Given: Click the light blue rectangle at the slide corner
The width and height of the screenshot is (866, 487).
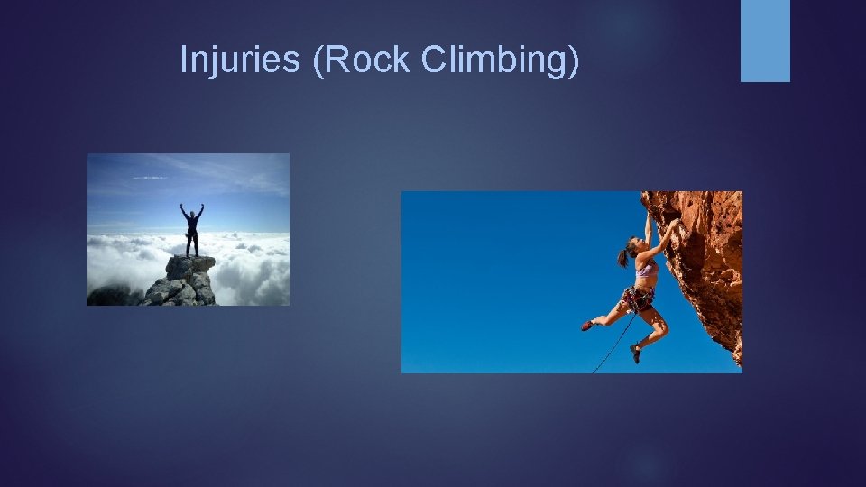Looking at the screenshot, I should pyautogui.click(x=765, y=41).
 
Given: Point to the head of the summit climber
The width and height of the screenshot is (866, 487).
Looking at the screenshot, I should pyautogui.click(x=191, y=212).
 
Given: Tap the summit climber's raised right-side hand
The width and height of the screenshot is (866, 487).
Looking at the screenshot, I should pyautogui.click(x=202, y=206).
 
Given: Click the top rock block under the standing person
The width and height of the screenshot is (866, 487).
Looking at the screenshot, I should pyautogui.click(x=190, y=265).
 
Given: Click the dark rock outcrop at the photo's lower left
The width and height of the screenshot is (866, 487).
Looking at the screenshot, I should pyautogui.click(x=110, y=295).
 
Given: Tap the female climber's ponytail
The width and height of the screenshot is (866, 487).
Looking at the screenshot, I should pyautogui.click(x=623, y=258).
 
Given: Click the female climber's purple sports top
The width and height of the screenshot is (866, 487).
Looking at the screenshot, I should pyautogui.click(x=646, y=268).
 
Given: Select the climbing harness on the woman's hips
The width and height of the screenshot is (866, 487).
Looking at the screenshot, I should pyautogui.click(x=639, y=296).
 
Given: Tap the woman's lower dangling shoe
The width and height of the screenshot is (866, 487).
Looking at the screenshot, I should pyautogui.click(x=635, y=353).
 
